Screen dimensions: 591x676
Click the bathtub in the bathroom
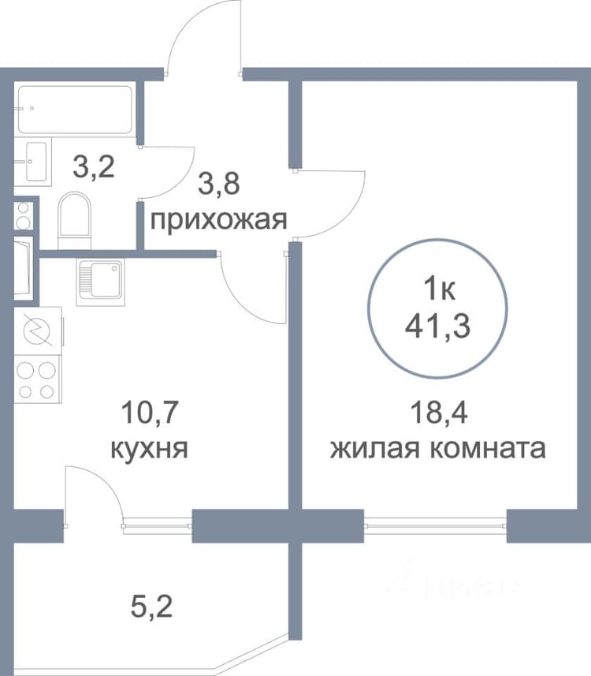pyautogui.click(x=75, y=110)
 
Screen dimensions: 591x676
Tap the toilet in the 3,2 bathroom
pyautogui.click(x=74, y=221)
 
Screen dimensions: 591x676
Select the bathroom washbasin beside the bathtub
pyautogui.click(x=33, y=162)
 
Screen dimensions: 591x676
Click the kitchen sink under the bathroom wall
pyautogui.click(x=100, y=282)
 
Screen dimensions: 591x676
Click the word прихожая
pyautogui.click(x=218, y=221)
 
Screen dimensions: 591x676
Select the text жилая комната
pyautogui.click(x=437, y=449)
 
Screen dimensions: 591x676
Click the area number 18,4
pyautogui.click(x=438, y=413)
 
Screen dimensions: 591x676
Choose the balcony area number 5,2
pyautogui.click(x=151, y=606)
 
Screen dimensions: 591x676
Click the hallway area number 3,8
pyautogui.click(x=218, y=183)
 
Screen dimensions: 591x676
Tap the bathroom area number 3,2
pyautogui.click(x=94, y=167)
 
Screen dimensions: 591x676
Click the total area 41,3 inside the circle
pyautogui.click(x=437, y=327)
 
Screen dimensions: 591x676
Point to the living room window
pyautogui.click(x=435, y=526)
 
